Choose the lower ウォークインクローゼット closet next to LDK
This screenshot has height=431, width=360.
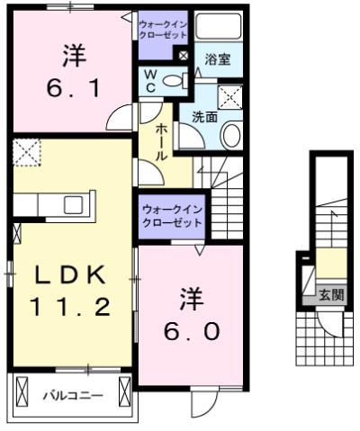(172, 216)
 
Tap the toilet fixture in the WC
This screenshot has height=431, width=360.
(178, 80)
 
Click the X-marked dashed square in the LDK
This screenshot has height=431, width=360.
(27, 152)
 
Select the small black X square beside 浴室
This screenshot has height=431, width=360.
(184, 55)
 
